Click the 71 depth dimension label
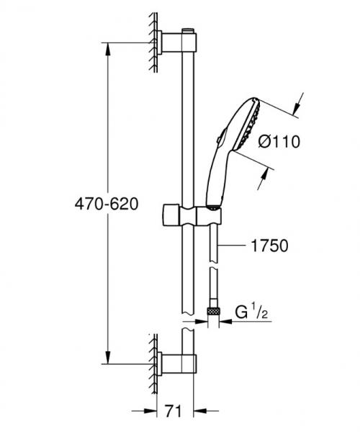click(x=171, y=412)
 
